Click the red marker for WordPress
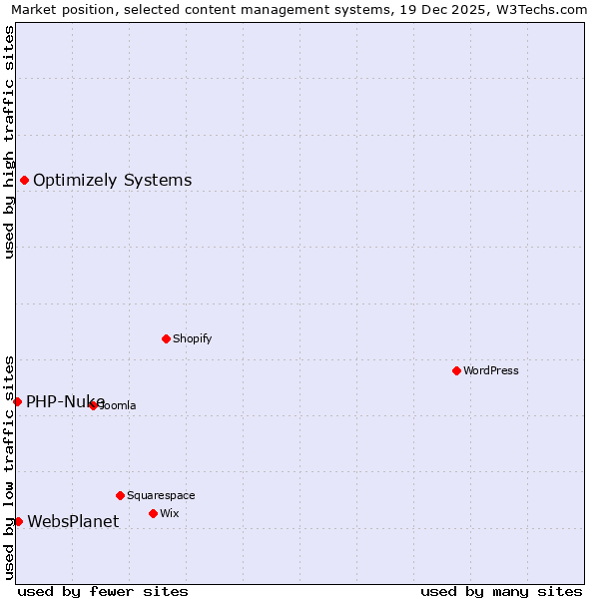pyautogui.click(x=456, y=370)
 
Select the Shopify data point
pyautogui.click(x=166, y=338)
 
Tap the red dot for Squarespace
pyautogui.click(x=120, y=495)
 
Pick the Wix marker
pyautogui.click(x=153, y=513)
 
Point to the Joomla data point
pyautogui.click(x=93, y=405)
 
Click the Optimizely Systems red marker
pyautogui.click(x=24, y=180)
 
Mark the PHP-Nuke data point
pyautogui.click(x=17, y=401)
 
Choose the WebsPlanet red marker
pyautogui.click(x=18, y=521)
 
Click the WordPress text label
pyautogui.click(x=491, y=370)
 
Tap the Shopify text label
pyautogui.click(x=193, y=338)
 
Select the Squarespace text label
pyautogui.click(x=161, y=495)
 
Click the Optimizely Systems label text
pyautogui.click(x=112, y=181)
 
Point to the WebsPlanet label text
pyautogui.click(x=73, y=521)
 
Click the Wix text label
pyautogui.click(x=170, y=513)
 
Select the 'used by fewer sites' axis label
pyautogui.click(x=103, y=591)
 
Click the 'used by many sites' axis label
pyautogui.click(x=501, y=591)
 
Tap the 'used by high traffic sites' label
pyautogui.click(x=9, y=142)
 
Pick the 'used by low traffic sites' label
pyautogui.click(x=9, y=466)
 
